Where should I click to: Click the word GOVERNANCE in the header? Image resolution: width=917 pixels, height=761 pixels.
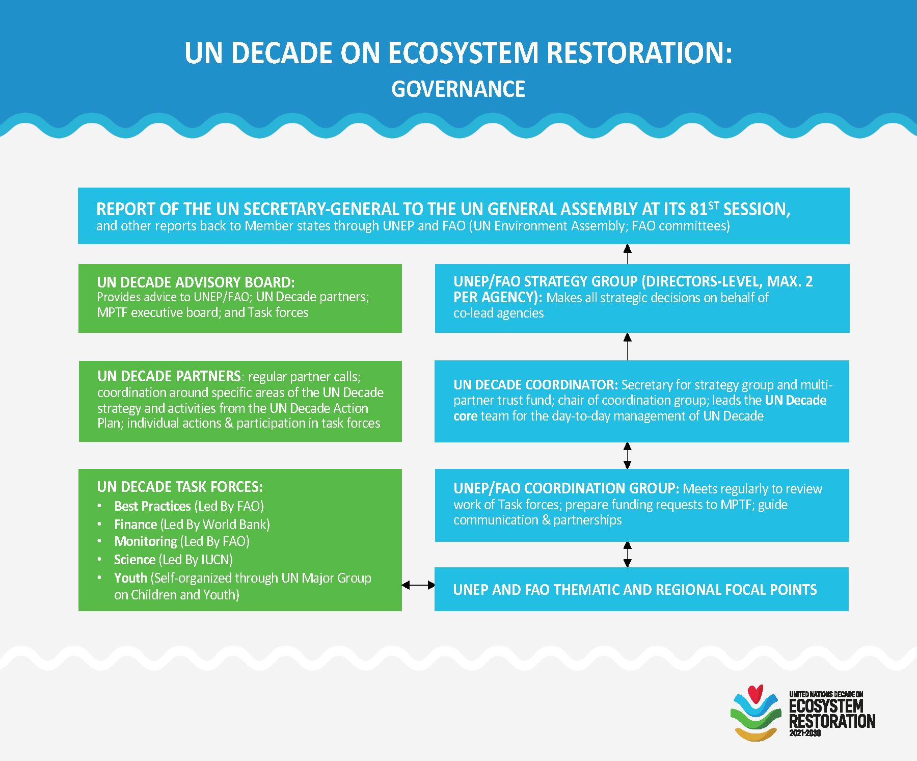(x=458, y=89)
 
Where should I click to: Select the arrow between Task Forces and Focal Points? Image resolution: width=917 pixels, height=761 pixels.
(x=418, y=586)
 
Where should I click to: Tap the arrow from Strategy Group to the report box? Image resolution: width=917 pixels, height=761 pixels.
(x=628, y=254)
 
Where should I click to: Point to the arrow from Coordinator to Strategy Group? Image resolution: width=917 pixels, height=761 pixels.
(x=628, y=347)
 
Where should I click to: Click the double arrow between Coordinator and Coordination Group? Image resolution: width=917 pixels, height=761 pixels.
(x=628, y=455)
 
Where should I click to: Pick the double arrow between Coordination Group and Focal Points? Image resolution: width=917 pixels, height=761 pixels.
(x=628, y=555)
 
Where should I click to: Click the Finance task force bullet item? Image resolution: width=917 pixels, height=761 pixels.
(x=192, y=524)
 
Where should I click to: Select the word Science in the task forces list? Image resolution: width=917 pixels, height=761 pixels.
(x=134, y=560)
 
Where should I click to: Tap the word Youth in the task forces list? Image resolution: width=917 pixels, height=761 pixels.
(x=130, y=578)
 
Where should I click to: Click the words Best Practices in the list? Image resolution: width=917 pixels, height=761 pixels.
(x=152, y=506)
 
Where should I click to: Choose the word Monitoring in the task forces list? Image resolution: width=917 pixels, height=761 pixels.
(x=146, y=541)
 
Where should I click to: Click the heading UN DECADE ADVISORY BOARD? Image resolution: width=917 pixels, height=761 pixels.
(x=196, y=282)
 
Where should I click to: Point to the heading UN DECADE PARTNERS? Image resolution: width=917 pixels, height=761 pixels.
(x=169, y=376)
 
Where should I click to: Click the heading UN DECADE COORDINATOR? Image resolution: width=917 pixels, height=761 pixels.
(x=535, y=384)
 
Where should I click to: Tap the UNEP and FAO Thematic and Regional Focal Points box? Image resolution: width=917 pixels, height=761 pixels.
(x=641, y=589)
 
